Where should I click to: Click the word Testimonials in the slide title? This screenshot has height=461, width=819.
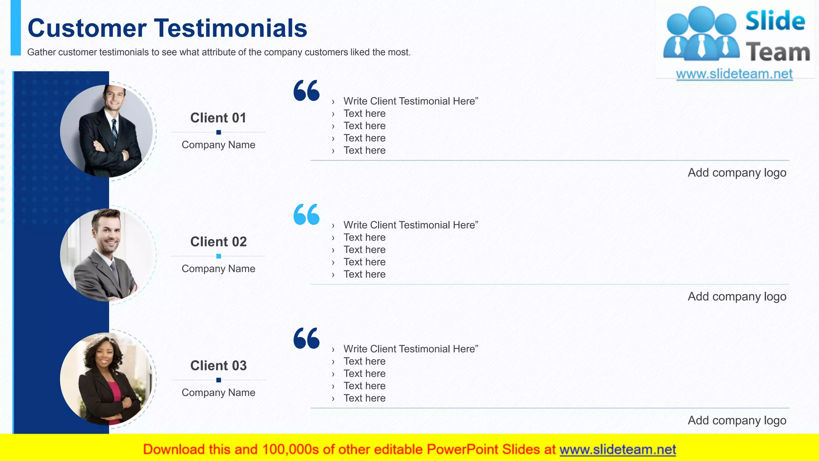230,28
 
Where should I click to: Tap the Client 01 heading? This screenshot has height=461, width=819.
218,118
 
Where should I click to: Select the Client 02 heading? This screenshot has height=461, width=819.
218,242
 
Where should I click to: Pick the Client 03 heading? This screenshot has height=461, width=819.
218,366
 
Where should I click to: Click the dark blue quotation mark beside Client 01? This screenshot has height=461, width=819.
306,90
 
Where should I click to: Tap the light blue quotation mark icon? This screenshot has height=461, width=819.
306,214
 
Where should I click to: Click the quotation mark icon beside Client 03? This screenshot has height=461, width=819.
306,338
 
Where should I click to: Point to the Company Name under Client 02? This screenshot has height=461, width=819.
218,269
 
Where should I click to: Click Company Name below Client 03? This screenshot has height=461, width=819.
218,393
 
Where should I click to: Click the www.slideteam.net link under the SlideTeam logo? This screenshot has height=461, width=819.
734,74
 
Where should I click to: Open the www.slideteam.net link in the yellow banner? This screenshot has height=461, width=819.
617,450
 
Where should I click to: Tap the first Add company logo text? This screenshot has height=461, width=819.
737,173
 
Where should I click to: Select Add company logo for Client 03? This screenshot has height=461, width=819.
737,421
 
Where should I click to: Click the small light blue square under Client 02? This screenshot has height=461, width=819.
218,256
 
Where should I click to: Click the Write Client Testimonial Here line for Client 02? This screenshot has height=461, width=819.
411,225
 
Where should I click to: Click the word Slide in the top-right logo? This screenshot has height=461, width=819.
775,21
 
